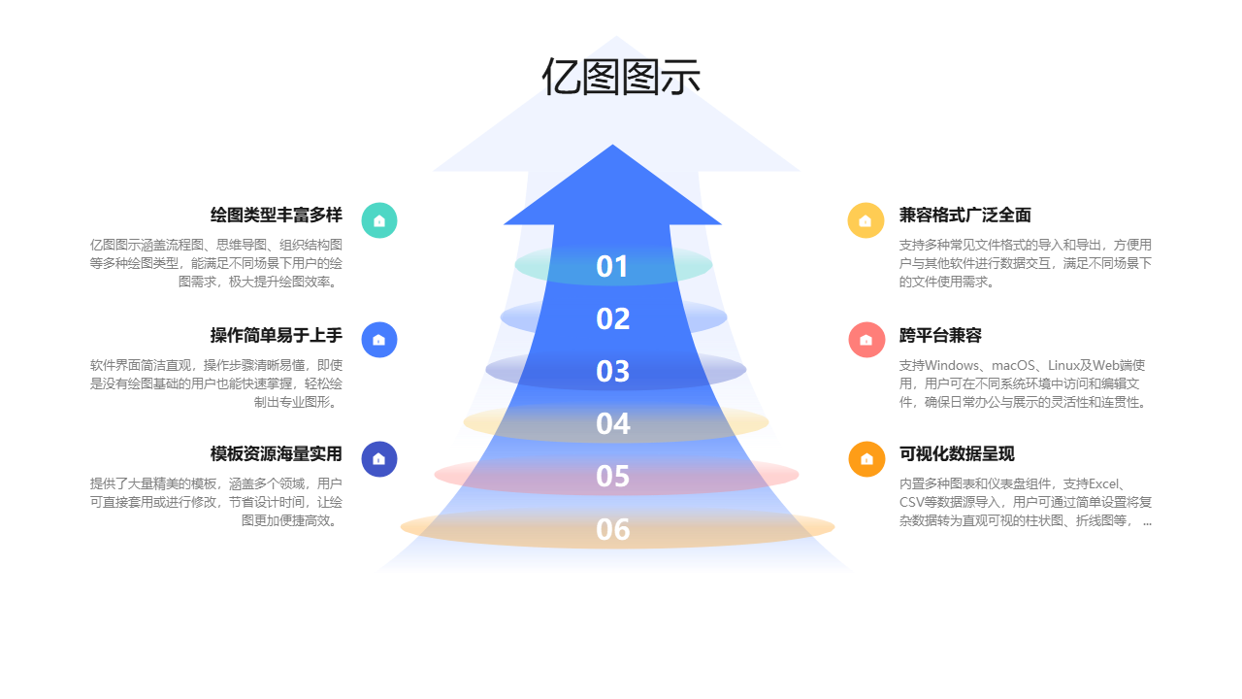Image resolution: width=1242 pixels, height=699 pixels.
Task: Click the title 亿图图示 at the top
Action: [x=620, y=77]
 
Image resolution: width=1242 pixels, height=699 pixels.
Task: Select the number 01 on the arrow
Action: [x=612, y=266]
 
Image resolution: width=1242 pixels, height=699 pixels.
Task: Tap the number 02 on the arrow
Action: [x=612, y=318]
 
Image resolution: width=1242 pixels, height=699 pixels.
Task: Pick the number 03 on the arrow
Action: [x=612, y=371]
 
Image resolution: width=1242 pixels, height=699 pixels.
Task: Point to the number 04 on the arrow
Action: [x=612, y=423]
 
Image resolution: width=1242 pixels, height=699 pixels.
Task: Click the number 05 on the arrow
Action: [x=612, y=476]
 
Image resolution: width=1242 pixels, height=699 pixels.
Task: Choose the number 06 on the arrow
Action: [x=612, y=529]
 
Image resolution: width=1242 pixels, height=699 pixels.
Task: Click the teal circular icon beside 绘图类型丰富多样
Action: [x=379, y=220]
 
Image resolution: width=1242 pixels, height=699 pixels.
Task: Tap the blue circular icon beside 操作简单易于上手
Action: [x=379, y=340]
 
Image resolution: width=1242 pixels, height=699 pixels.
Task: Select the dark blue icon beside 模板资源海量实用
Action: [x=379, y=459]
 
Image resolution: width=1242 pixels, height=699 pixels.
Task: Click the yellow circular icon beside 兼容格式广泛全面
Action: [x=866, y=220]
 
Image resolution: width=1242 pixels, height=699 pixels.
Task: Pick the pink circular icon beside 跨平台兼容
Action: [x=866, y=340]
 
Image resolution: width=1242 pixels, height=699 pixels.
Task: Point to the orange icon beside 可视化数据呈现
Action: [x=866, y=459]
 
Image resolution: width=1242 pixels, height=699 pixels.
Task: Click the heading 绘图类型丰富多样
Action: [x=277, y=216]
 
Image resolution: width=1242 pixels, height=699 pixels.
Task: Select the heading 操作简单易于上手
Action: [x=277, y=335]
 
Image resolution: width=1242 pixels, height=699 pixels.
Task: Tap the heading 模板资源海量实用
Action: [x=277, y=453]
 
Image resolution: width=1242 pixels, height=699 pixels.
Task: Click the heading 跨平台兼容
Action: [x=940, y=335]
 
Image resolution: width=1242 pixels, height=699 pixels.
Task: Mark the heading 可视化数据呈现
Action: [x=957, y=453]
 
